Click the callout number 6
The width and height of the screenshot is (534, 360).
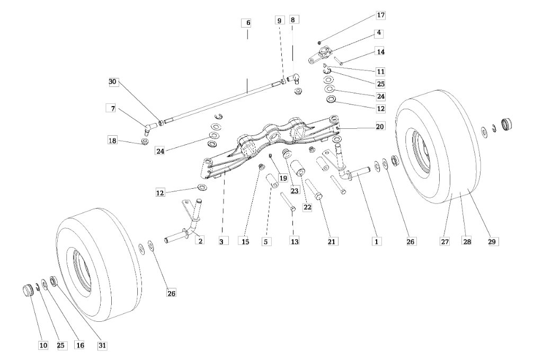click(x=247, y=23)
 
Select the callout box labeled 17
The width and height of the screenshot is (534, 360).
click(x=380, y=16)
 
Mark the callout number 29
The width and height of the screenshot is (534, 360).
click(x=492, y=241)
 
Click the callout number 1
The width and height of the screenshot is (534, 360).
click(x=376, y=241)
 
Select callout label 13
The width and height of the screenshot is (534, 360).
click(x=295, y=241)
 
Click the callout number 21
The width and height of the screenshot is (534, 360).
click(x=333, y=241)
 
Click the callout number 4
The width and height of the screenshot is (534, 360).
click(x=379, y=33)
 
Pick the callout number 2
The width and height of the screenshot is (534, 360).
click(x=200, y=241)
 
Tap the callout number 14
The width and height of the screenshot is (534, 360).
click(x=380, y=51)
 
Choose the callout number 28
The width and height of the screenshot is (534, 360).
click(x=467, y=241)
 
